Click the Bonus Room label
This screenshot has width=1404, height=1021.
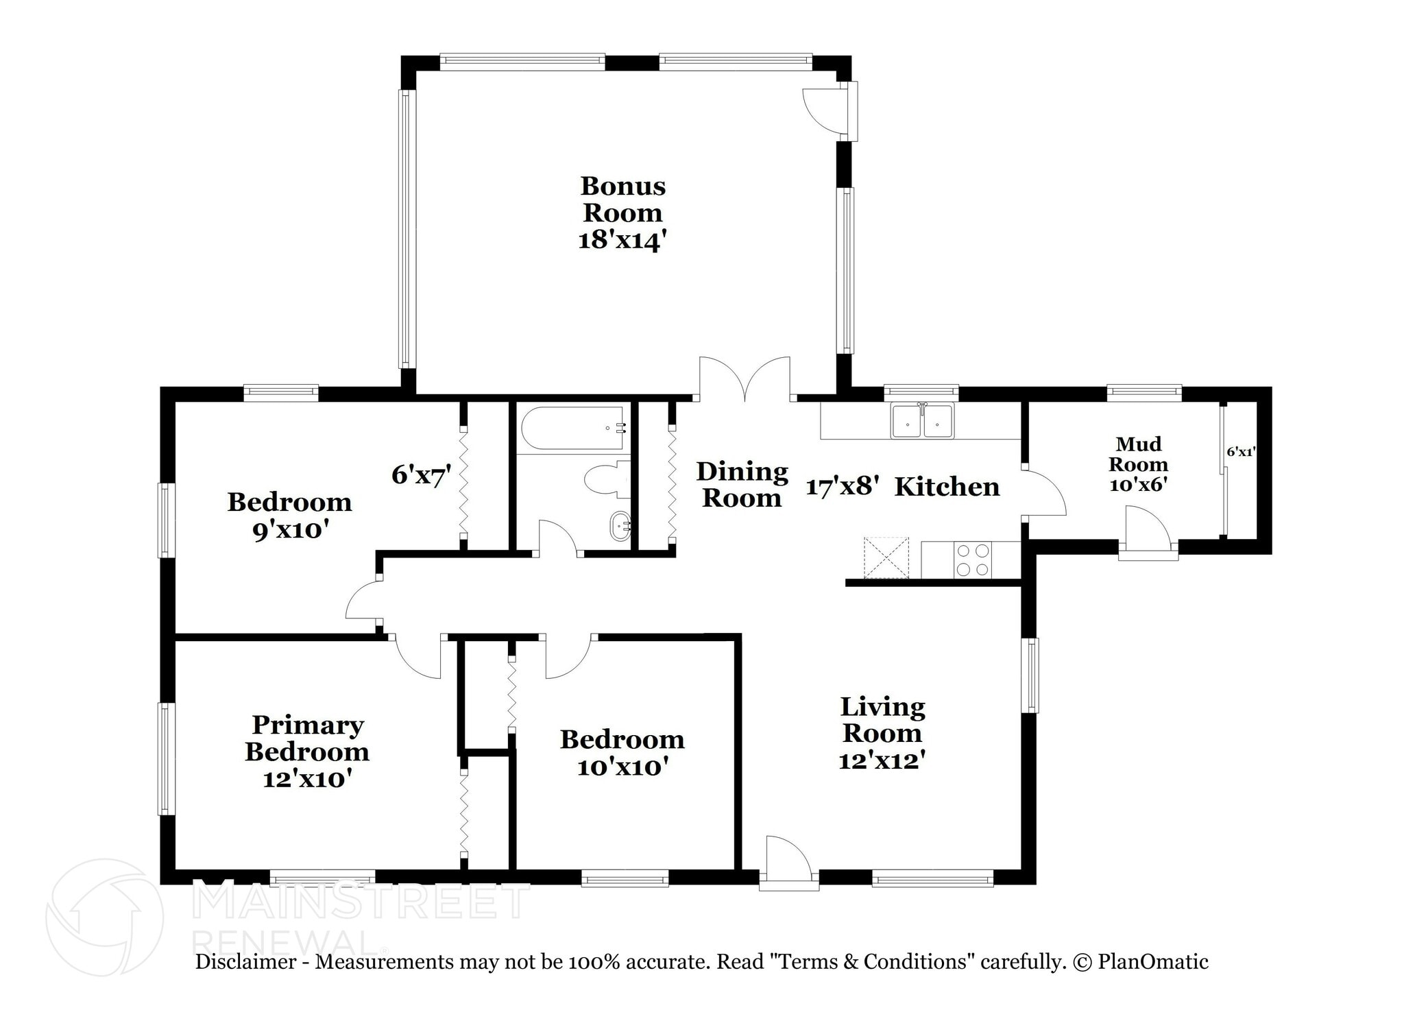[622, 199]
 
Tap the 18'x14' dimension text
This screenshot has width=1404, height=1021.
[622, 241]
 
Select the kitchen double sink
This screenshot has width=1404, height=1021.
[921, 421]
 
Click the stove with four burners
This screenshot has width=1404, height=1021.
[973, 560]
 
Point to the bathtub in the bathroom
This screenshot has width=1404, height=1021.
[572, 429]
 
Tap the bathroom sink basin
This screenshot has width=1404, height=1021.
[620, 527]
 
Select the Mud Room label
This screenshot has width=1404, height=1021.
[1138, 454]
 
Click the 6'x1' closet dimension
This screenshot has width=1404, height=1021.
[1241, 452]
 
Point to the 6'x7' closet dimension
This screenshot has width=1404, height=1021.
[421, 475]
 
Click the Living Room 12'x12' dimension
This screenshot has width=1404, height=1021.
[882, 760]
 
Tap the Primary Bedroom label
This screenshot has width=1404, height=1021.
[307, 738]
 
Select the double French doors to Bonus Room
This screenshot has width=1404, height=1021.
[745, 381]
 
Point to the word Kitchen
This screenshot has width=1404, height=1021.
[947, 487]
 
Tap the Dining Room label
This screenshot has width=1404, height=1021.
[742, 484]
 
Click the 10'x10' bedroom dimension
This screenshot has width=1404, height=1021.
[622, 767]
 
